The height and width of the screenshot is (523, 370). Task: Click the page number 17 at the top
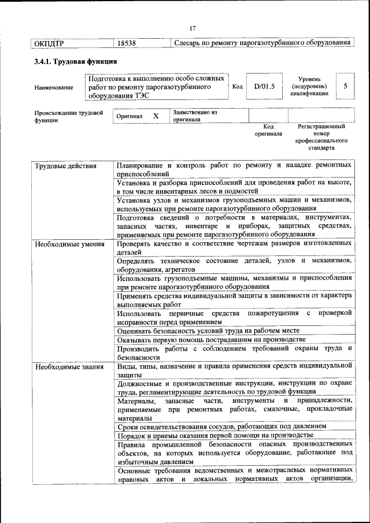tap(193, 28)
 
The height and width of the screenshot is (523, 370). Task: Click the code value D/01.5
tap(264, 86)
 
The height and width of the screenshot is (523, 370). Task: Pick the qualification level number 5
tap(345, 86)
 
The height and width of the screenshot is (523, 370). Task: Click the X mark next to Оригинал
tap(156, 116)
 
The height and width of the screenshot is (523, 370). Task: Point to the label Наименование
tap(54, 87)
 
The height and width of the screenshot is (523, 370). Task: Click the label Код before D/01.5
tap(237, 86)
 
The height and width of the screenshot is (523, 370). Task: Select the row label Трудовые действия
tap(58, 166)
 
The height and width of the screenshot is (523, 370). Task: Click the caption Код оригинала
tap(268, 129)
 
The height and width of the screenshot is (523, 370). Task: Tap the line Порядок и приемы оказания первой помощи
tap(215, 435)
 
